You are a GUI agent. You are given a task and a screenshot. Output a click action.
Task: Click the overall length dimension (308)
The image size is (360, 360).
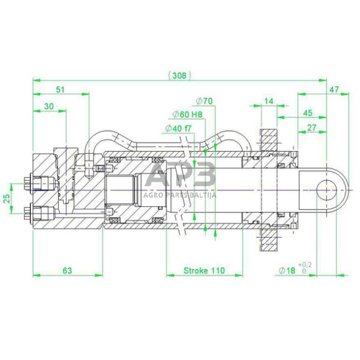179,75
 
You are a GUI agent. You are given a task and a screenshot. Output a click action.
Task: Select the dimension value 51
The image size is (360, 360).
61,89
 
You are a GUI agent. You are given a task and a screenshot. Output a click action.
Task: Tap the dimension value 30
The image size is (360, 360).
49,107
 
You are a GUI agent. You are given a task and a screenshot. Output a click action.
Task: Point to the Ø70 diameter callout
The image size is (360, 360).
204,101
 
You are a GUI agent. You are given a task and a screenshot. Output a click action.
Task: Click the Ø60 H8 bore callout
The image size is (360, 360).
187,114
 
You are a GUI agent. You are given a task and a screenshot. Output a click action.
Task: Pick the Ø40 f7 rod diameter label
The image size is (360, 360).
178,129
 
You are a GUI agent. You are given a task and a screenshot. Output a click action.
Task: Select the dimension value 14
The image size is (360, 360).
269,101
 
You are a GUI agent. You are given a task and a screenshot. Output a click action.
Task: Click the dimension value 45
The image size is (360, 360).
307,113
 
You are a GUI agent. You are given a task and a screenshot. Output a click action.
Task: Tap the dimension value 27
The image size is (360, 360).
312,127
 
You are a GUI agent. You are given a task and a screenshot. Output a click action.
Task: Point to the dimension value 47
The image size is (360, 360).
334,89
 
